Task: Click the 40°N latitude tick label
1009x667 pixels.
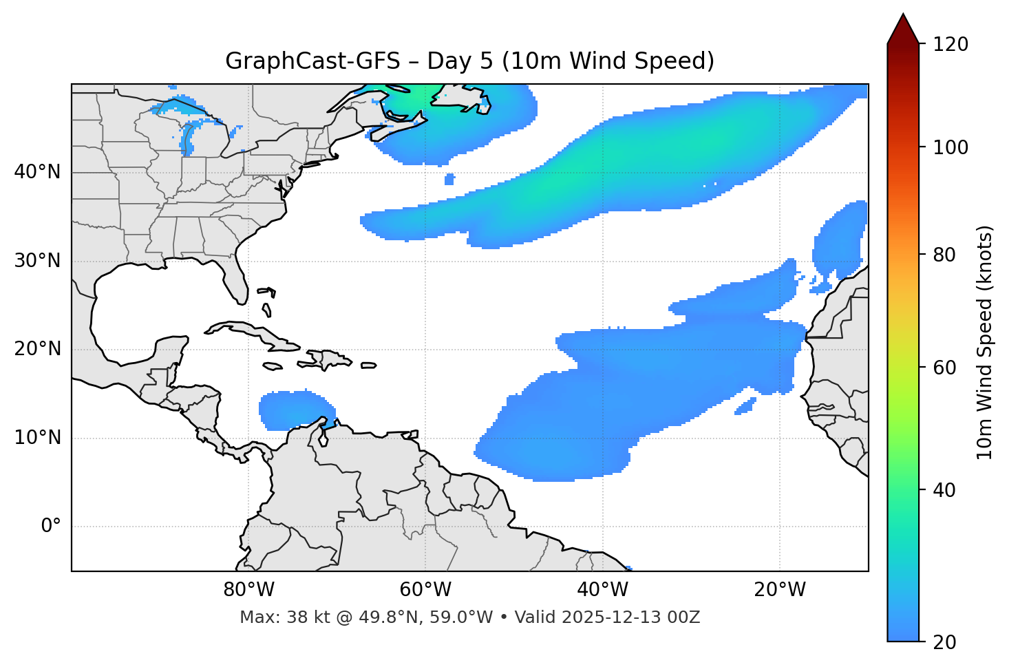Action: tap(37, 172)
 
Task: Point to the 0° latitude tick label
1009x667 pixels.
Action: tap(51, 527)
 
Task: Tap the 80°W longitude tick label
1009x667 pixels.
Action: tap(248, 590)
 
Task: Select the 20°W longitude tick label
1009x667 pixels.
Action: tap(780, 590)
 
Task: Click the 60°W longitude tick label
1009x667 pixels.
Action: tap(425, 590)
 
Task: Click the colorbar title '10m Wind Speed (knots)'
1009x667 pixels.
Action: tap(985, 342)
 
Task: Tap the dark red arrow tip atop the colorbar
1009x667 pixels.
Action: tap(903, 28)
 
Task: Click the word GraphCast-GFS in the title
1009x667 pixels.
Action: tap(312, 61)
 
